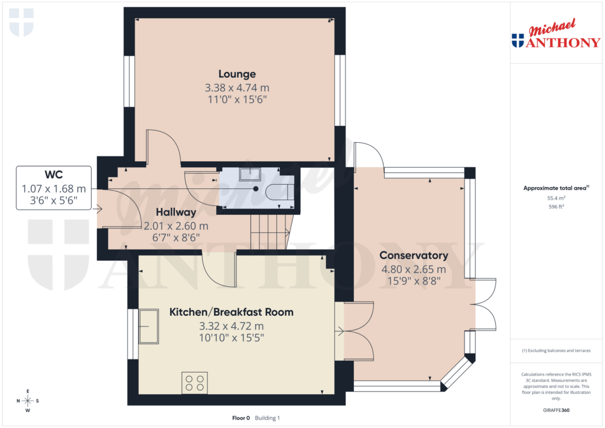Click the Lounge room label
pyautogui.click(x=237, y=74)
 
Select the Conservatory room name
pyautogui.click(x=414, y=256)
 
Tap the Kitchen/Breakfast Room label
pyautogui.click(x=231, y=312)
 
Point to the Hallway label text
pyautogui.click(x=176, y=212)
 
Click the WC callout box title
pyautogui.click(x=53, y=175)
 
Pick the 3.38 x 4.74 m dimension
pyautogui.click(x=237, y=87)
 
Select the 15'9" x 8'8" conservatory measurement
pyautogui.click(x=414, y=282)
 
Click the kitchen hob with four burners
pyautogui.click(x=194, y=382)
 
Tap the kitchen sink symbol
pyautogui.click(x=149, y=326)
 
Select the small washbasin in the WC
pyautogui.click(x=251, y=172)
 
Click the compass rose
pyautogui.click(x=27, y=401)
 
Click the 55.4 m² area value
pyautogui.click(x=556, y=199)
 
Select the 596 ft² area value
pyautogui.click(x=556, y=207)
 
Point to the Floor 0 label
pyautogui.click(x=241, y=418)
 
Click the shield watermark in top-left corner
pyautogui.click(x=21, y=22)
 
